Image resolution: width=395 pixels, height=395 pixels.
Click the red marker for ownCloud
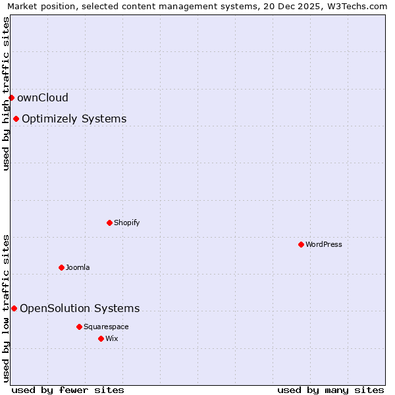pos(11,98)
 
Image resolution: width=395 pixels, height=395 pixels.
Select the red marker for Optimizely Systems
pos(16,119)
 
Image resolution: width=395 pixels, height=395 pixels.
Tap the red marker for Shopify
pos(109,223)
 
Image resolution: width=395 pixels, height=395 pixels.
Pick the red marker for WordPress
pos(301,244)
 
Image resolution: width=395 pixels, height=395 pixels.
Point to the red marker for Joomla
pos(61,267)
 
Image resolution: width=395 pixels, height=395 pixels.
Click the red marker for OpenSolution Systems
pos(14,308)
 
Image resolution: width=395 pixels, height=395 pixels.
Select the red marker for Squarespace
pos(79,327)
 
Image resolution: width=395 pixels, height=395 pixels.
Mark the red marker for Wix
pos(101,338)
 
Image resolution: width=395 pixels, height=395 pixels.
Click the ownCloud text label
pos(43,98)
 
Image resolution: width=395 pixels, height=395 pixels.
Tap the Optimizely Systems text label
pos(74,119)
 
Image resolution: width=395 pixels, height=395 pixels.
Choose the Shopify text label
pos(126,223)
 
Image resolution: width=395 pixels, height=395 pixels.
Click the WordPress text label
pos(323,244)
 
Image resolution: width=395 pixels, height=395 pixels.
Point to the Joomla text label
pos(78,267)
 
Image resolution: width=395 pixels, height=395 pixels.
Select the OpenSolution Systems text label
pos(80,308)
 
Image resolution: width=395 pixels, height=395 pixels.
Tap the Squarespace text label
pos(106,327)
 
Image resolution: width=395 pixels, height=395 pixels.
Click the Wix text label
pos(111,338)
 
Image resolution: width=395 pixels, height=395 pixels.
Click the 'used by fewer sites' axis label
pos(68,390)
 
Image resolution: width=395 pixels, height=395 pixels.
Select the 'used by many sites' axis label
pos(330,390)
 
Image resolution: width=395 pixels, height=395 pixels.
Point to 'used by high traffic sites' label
pos(6,93)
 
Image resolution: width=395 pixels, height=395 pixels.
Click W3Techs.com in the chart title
pos(359,6)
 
